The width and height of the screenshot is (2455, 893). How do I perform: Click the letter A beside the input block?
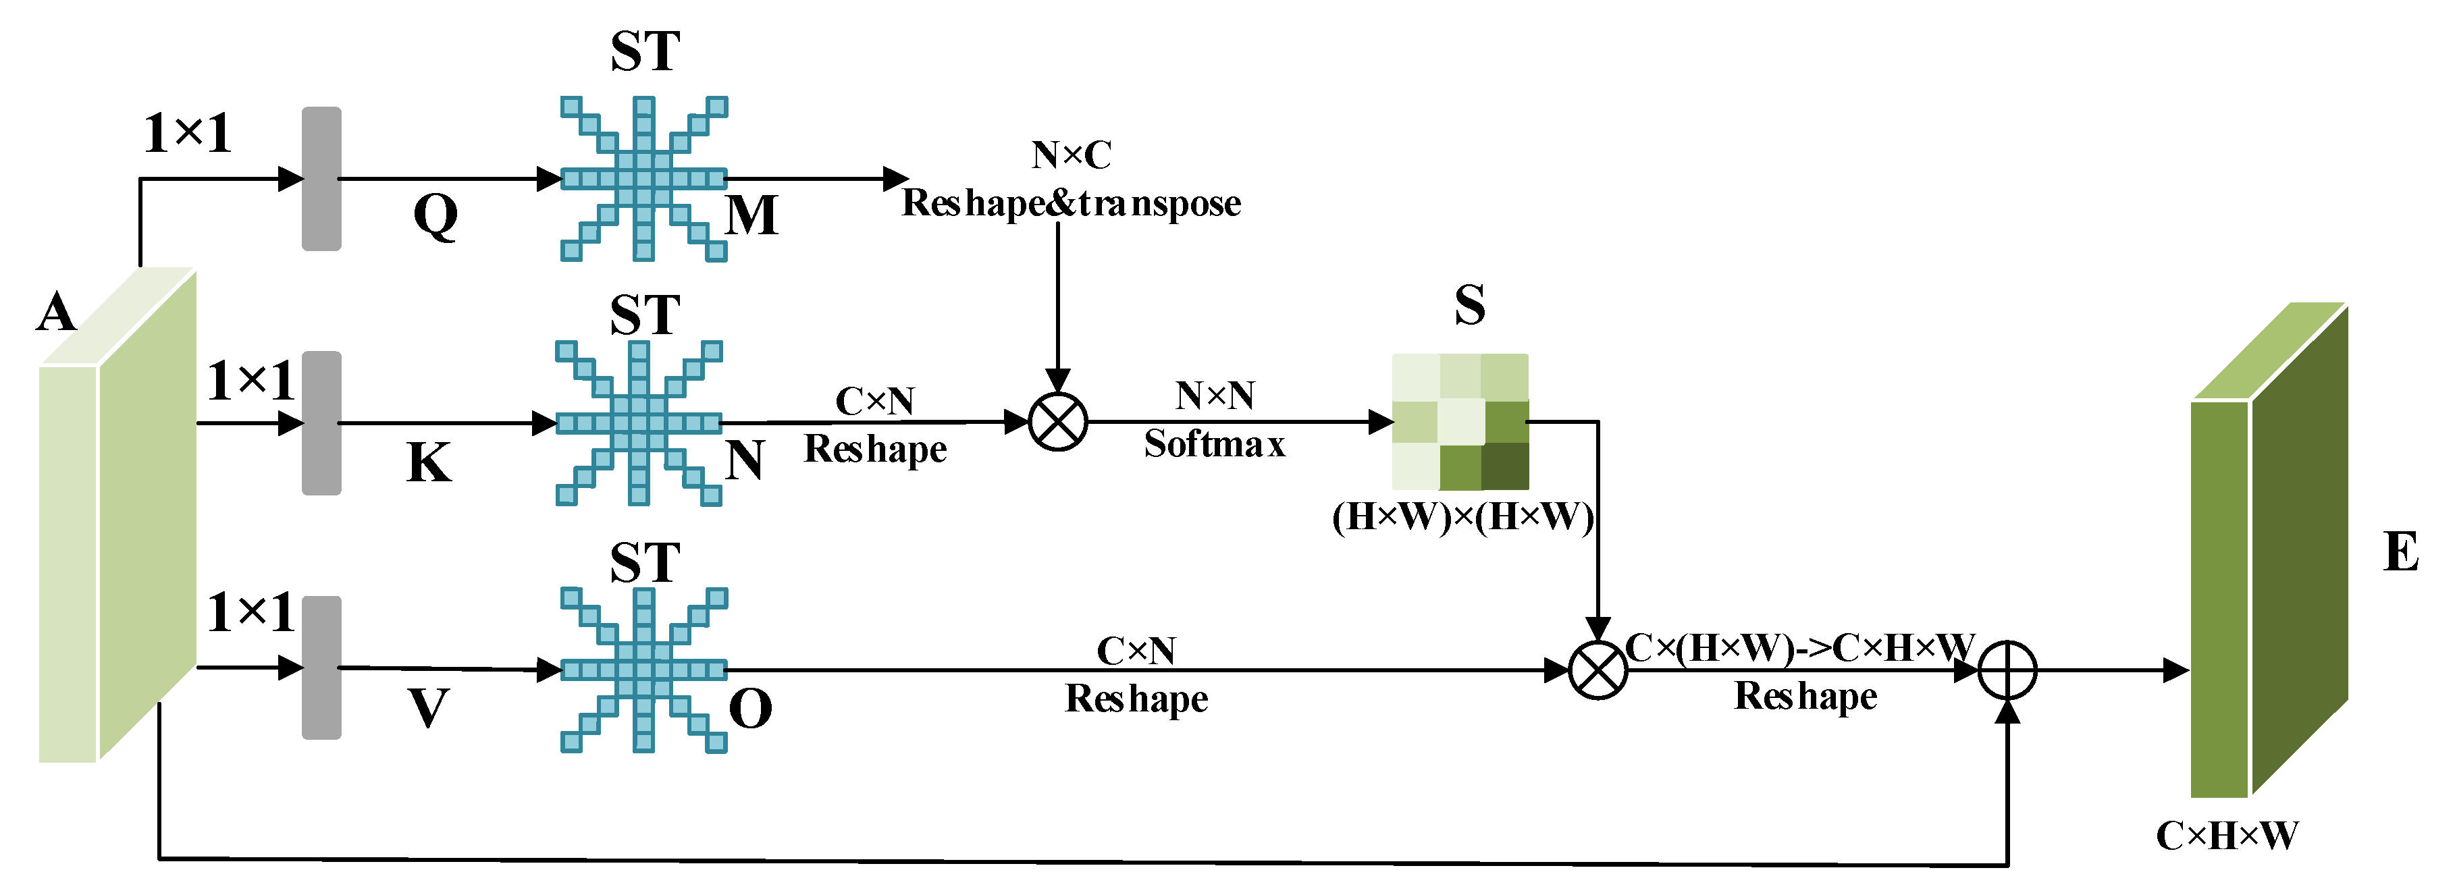click(x=55, y=313)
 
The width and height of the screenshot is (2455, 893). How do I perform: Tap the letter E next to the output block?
click(x=2400, y=552)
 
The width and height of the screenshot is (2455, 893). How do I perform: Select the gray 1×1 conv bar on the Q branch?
click(x=321, y=178)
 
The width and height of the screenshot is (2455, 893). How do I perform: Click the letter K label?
click(x=429, y=463)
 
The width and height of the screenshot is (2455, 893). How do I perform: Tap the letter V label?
click(x=428, y=708)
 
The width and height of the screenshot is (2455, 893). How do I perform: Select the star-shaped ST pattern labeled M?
click(x=643, y=178)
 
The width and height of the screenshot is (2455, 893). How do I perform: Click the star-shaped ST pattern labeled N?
click(x=639, y=422)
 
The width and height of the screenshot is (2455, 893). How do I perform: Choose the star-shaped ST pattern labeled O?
click(x=643, y=670)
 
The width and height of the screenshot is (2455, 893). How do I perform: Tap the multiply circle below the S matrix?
click(x=1598, y=670)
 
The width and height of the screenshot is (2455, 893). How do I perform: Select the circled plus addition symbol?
click(x=2007, y=670)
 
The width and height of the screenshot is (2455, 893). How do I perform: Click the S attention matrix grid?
click(x=1460, y=421)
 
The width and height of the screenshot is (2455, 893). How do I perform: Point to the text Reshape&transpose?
click(x=1072, y=203)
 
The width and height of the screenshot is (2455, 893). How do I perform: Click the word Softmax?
click(x=1214, y=444)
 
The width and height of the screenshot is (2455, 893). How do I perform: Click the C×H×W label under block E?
click(x=2226, y=836)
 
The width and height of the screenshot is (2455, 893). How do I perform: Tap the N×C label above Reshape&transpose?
click(x=1072, y=155)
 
